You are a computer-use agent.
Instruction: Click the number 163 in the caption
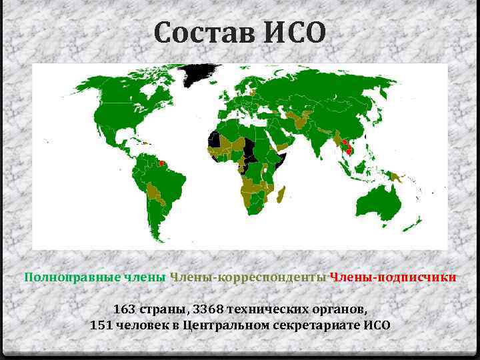pyautogui.click(x=124, y=309)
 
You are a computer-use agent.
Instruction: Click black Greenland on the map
pyautogui.click(x=200, y=73)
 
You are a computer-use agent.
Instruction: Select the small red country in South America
pyautogui.click(x=161, y=162)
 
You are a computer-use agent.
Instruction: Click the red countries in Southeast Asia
pyautogui.click(x=345, y=147)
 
